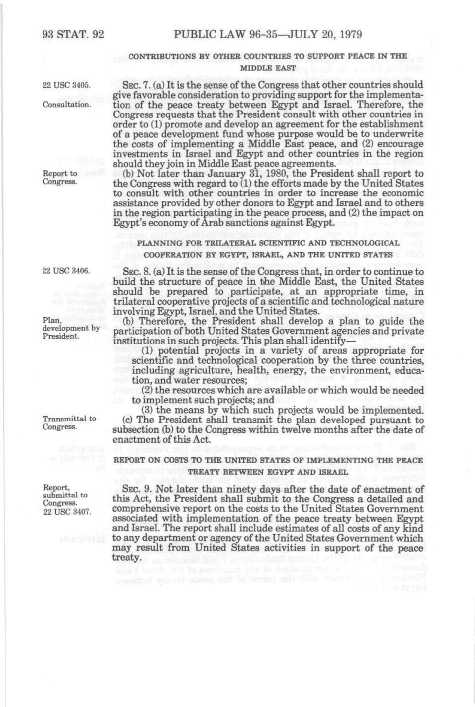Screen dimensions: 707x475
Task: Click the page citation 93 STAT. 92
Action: coord(73,34)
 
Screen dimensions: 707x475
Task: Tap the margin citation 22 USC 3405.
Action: coord(66,85)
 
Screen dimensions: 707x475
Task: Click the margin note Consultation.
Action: coord(66,105)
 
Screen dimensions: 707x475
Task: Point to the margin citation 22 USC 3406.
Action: coord(66,271)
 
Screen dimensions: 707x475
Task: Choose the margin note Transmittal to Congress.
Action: coord(69,423)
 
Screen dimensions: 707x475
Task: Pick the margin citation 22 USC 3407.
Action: coord(67,511)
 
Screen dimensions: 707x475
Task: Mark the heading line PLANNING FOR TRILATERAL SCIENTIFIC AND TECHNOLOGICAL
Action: coord(268,243)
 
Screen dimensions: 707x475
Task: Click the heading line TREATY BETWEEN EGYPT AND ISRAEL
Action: coord(267,472)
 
